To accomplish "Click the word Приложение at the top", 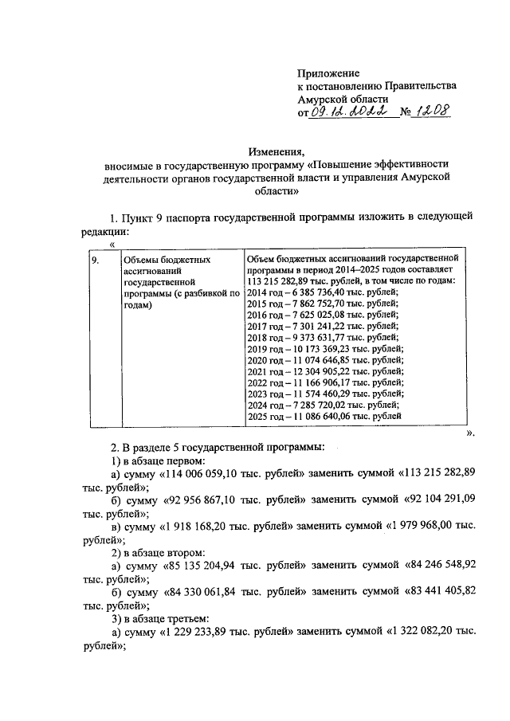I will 328,72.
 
